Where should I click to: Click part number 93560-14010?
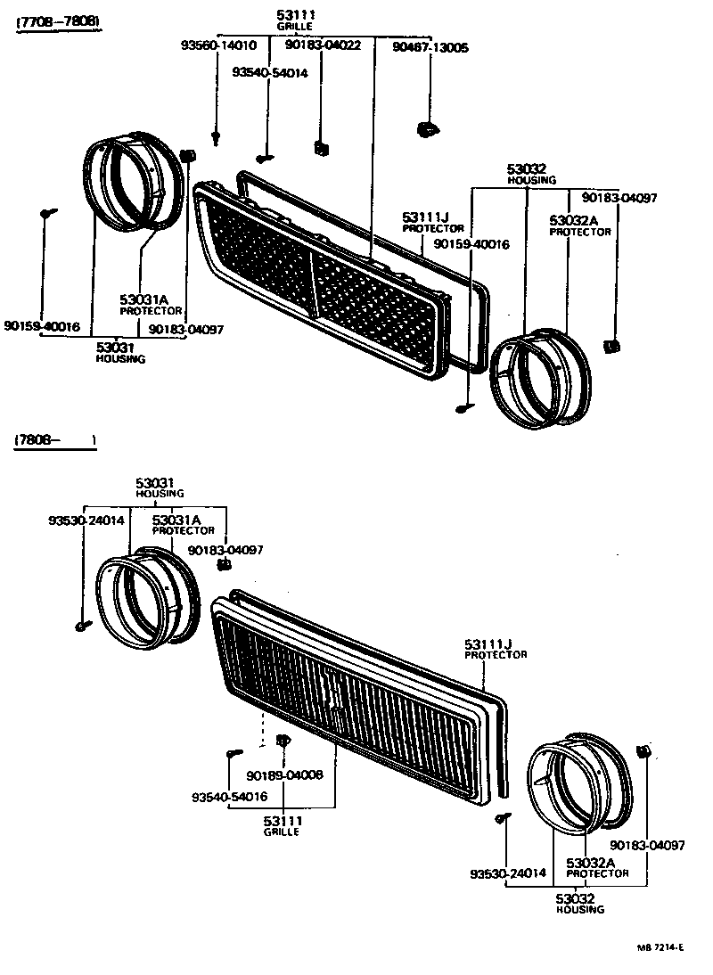point(218,45)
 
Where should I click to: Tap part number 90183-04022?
point(324,45)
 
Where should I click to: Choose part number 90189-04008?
point(285,774)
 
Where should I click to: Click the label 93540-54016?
point(229,796)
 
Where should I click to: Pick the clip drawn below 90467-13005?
point(428,130)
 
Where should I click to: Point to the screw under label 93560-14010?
point(217,137)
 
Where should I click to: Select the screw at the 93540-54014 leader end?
point(265,158)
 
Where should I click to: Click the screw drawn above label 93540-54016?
point(234,753)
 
